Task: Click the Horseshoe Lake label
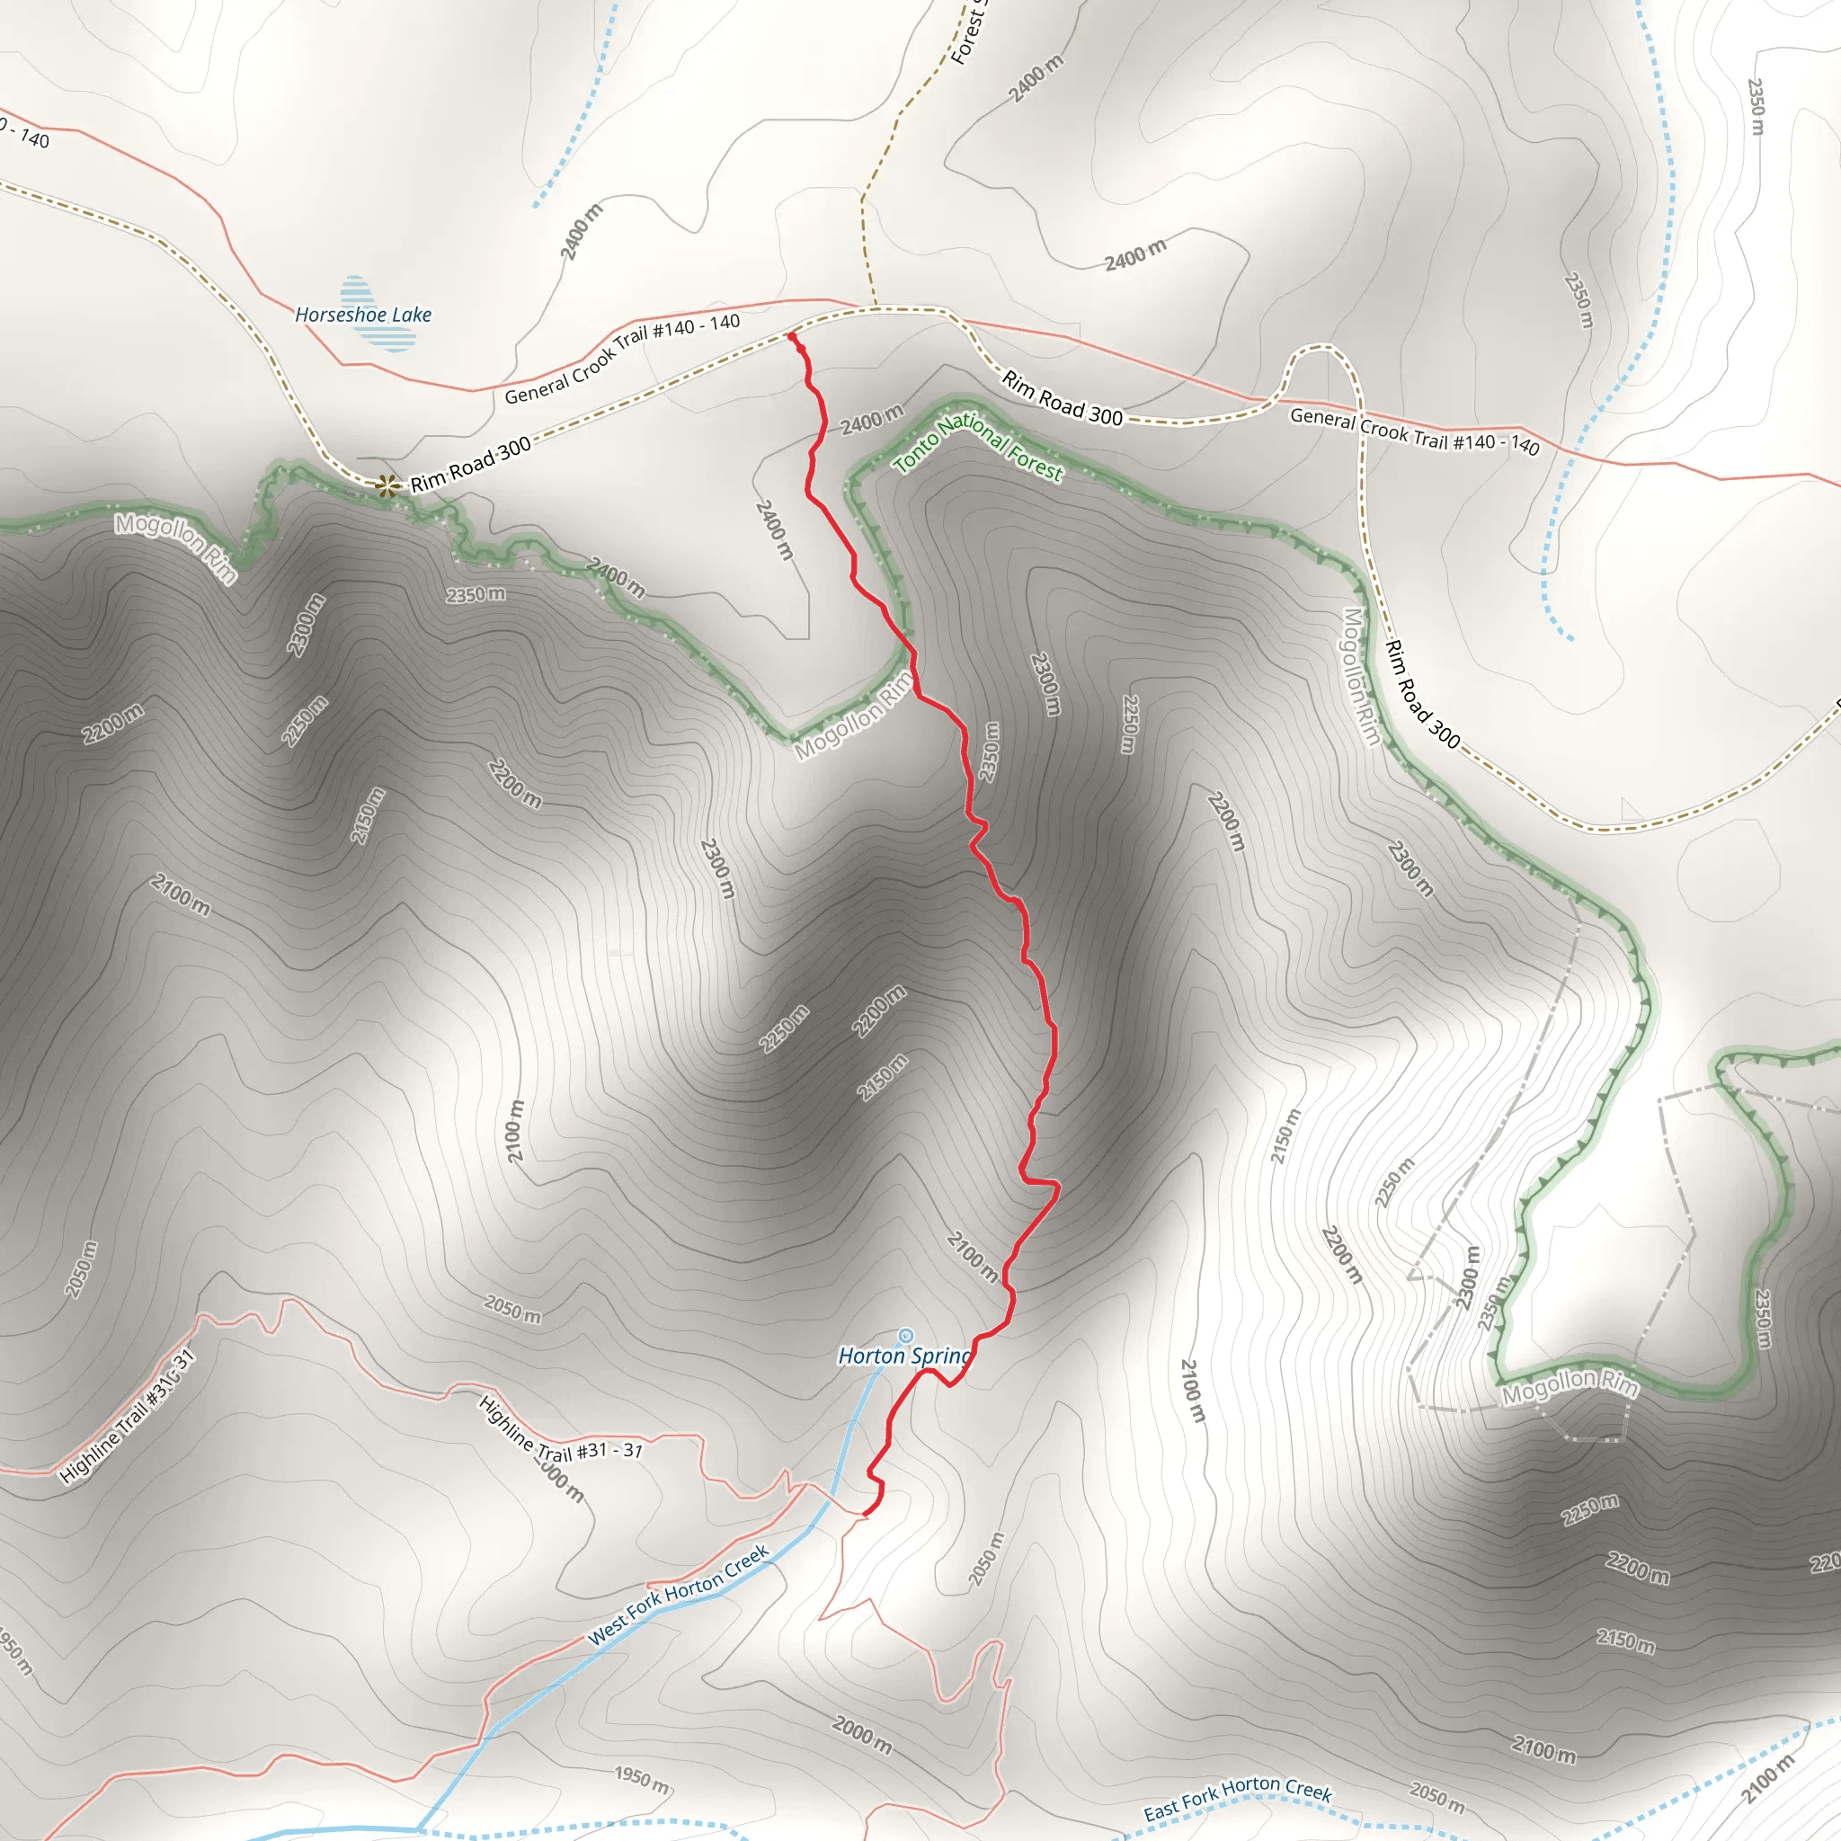click(x=363, y=315)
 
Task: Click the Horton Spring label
click(x=903, y=1356)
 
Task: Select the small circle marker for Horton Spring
click(x=906, y=1336)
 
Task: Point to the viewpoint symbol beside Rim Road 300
click(x=387, y=486)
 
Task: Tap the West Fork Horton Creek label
click(x=679, y=1594)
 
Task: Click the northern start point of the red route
click(x=792, y=336)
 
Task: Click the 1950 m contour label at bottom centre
click(x=641, y=1778)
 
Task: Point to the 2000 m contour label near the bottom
click(x=862, y=1734)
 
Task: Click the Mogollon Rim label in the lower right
click(x=1570, y=1385)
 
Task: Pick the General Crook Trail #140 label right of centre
click(x=1414, y=431)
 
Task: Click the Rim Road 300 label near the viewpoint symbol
click(x=471, y=465)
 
